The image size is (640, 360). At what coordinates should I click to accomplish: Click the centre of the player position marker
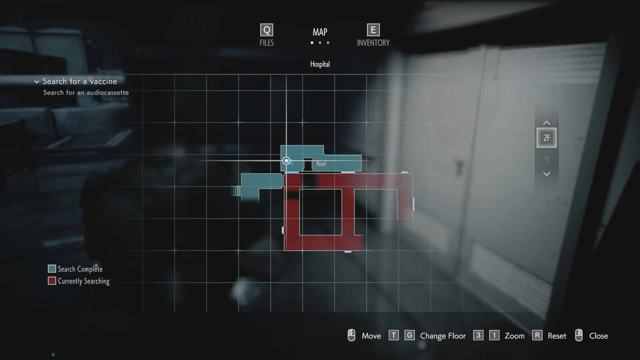[x=286, y=161]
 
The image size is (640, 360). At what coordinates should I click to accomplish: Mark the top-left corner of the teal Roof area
[x=281, y=145]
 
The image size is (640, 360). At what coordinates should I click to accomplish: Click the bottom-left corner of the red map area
[x=284, y=250]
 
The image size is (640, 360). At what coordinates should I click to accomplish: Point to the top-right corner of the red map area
[x=413, y=174]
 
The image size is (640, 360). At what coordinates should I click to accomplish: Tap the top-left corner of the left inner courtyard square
[x=299, y=189]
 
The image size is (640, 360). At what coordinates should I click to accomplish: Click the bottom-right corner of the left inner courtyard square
[x=342, y=235]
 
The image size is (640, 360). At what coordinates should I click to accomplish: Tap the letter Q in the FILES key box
[x=267, y=30]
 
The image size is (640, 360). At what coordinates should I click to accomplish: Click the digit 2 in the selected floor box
[x=545, y=138]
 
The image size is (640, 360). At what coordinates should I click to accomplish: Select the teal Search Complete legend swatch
[x=52, y=269]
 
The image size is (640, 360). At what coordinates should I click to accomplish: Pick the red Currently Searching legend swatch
[x=52, y=281]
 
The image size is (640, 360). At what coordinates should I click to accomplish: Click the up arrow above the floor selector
[x=547, y=123]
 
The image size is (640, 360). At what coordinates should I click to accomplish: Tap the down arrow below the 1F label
[x=547, y=174]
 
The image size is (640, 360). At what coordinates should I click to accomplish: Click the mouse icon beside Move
[x=351, y=335]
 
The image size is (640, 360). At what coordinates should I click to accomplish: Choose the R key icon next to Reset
[x=537, y=335]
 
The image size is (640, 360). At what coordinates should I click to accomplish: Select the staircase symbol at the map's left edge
[x=236, y=191]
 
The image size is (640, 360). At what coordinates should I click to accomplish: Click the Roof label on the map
[x=321, y=164]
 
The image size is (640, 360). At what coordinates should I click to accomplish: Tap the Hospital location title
[x=320, y=64]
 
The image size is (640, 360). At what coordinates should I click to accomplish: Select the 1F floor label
[x=547, y=159]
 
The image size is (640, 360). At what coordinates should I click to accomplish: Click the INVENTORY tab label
[x=373, y=43]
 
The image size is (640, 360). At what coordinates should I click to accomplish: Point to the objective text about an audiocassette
[x=86, y=93]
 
